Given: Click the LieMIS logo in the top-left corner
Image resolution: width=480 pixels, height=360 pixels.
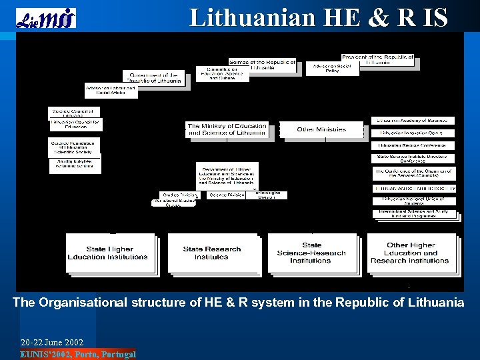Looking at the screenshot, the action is [45, 18].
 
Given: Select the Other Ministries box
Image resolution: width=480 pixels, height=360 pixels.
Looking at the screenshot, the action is [321, 129].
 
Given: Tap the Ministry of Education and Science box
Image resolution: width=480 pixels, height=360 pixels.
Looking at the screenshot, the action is [227, 129].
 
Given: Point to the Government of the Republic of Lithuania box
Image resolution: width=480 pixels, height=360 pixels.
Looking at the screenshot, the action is [155, 77].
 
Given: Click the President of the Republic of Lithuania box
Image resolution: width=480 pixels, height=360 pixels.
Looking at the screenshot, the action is [377, 60].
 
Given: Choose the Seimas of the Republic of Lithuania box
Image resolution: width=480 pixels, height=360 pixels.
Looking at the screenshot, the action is [261, 65].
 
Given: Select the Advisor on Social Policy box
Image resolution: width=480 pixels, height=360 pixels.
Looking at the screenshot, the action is [332, 69].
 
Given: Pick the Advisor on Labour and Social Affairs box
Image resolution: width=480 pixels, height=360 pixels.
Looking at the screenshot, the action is [111, 91].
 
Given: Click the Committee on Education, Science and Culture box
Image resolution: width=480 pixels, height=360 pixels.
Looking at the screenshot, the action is [222, 74].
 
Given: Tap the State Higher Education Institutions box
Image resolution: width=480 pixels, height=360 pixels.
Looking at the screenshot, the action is [108, 253].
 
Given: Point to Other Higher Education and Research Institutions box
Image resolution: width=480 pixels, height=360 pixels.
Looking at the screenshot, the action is [410, 253].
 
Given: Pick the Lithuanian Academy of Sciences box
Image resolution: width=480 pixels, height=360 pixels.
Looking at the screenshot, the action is [413, 121].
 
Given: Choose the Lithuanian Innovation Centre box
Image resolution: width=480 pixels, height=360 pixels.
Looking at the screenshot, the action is [413, 133].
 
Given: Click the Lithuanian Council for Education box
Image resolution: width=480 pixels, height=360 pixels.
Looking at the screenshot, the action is [75, 125].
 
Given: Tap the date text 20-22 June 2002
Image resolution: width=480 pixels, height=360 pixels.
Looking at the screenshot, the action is [52, 343].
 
